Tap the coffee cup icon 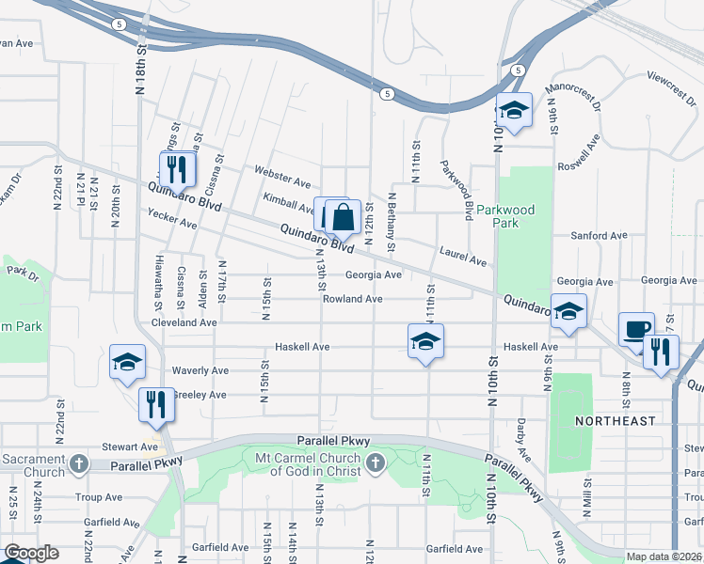[636, 330]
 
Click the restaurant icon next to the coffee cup [661, 352]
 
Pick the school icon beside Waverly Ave [127, 362]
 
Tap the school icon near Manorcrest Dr [514, 110]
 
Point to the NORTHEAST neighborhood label [616, 421]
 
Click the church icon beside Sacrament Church [80, 463]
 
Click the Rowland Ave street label [353, 299]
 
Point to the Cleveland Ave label [184, 322]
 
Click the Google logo [30, 554]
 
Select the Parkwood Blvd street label [455, 189]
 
